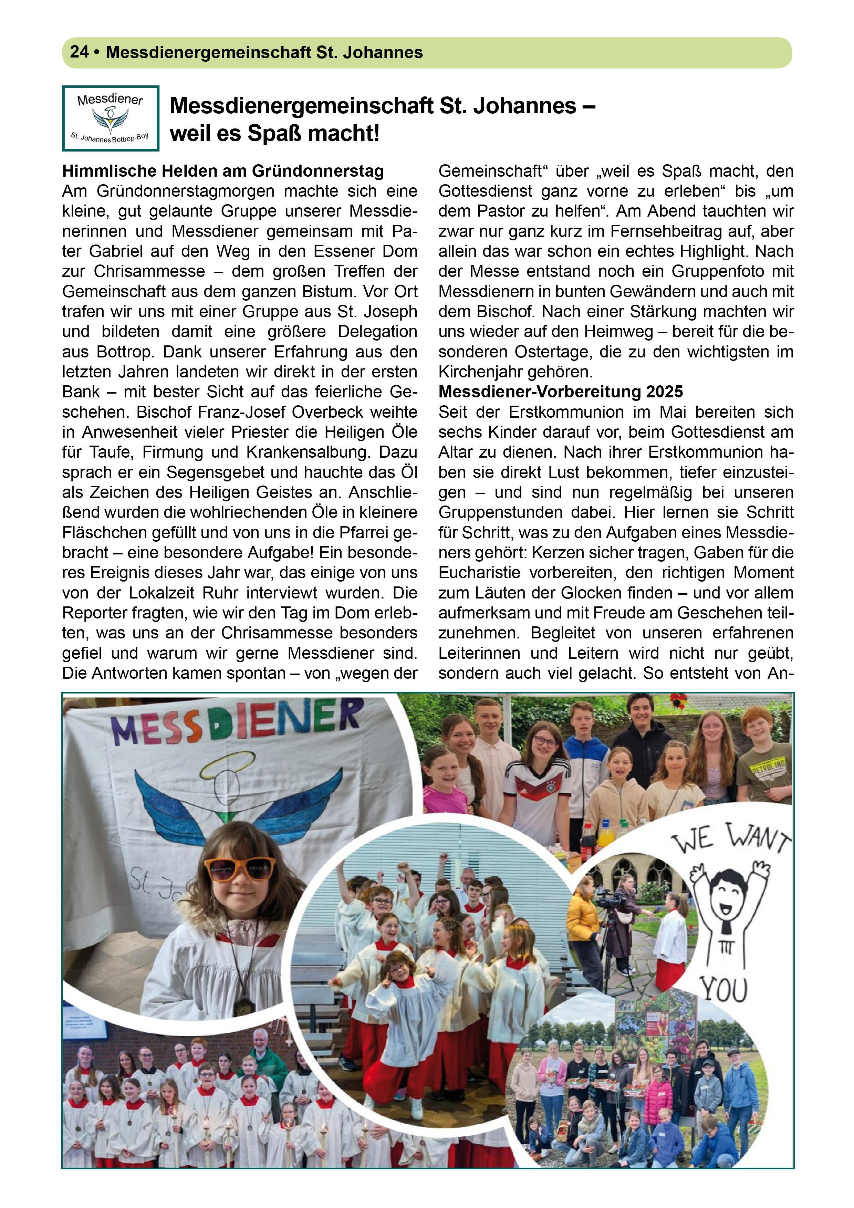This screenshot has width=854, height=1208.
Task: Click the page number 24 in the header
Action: (79, 52)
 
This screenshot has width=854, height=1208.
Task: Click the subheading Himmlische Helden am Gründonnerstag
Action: (223, 171)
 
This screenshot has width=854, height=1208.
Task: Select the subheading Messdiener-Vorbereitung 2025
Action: (560, 392)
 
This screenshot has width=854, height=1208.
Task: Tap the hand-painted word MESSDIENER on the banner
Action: (237, 723)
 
